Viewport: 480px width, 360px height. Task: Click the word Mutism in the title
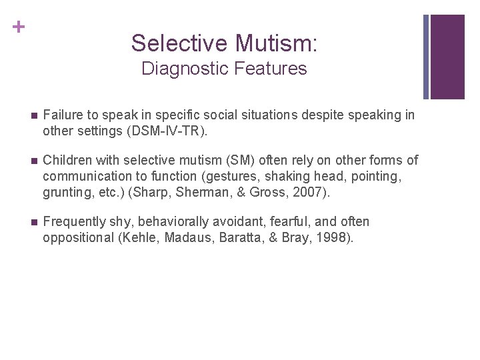point(276,43)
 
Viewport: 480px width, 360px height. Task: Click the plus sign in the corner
point(18,27)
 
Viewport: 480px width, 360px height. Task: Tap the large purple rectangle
point(447,57)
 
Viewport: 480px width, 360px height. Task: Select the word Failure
point(63,115)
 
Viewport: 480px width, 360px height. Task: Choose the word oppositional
point(77,238)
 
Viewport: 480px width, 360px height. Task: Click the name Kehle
point(138,238)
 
